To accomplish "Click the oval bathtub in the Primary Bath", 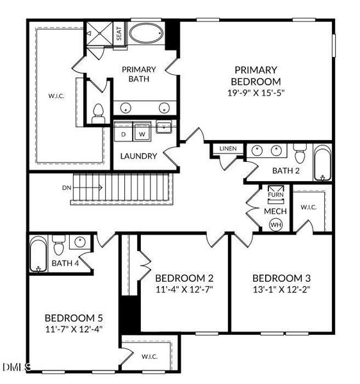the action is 146,33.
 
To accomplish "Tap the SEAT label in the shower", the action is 119,33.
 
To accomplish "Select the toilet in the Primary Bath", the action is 98,114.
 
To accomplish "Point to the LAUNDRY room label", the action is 138,156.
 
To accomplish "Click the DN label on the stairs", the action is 67,188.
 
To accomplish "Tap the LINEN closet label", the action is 228,148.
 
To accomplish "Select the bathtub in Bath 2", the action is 322,163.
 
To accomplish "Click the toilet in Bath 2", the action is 300,154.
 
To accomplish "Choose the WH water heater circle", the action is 276,225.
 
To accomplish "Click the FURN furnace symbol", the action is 275,195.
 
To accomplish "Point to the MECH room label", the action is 275,211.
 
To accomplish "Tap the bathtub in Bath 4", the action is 38,254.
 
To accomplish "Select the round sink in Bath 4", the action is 80,242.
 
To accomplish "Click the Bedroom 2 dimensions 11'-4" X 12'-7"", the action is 184,289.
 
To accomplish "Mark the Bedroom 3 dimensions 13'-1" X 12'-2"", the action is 282,289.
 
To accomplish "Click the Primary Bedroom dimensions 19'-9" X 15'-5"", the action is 256,93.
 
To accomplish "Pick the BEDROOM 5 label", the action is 74,318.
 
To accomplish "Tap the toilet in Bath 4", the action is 58,245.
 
